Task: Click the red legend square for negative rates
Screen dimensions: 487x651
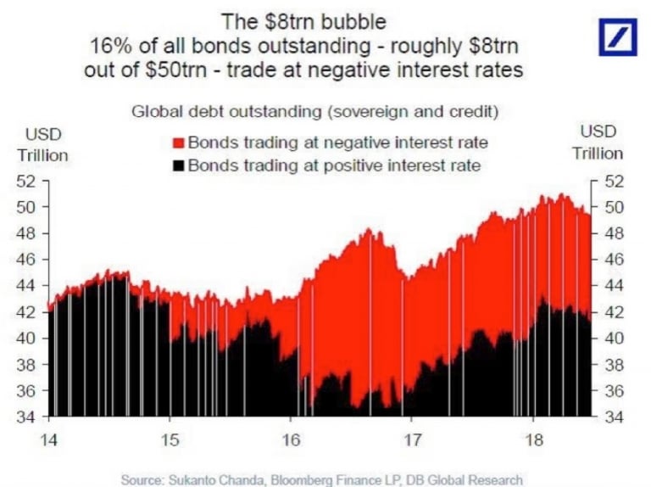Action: [x=179, y=143]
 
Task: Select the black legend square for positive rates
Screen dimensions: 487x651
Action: [x=179, y=165]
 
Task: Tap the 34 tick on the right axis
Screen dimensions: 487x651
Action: [x=613, y=417]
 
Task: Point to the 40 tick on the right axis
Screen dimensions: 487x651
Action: [x=613, y=338]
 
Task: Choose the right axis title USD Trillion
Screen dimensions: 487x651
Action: [x=597, y=143]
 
